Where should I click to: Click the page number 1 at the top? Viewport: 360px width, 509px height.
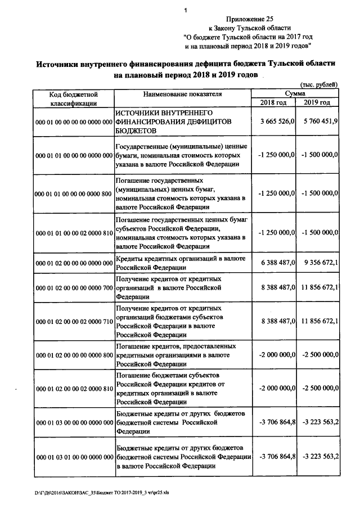coord(184,10)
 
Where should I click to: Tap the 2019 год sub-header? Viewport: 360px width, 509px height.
coord(317,102)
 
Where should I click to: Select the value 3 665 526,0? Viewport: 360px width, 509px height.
coord(277,122)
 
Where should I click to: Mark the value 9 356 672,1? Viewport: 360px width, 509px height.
coord(319,263)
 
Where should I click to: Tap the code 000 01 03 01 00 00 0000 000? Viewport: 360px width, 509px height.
coord(74,459)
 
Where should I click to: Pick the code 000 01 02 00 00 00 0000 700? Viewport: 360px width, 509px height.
coord(74,288)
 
